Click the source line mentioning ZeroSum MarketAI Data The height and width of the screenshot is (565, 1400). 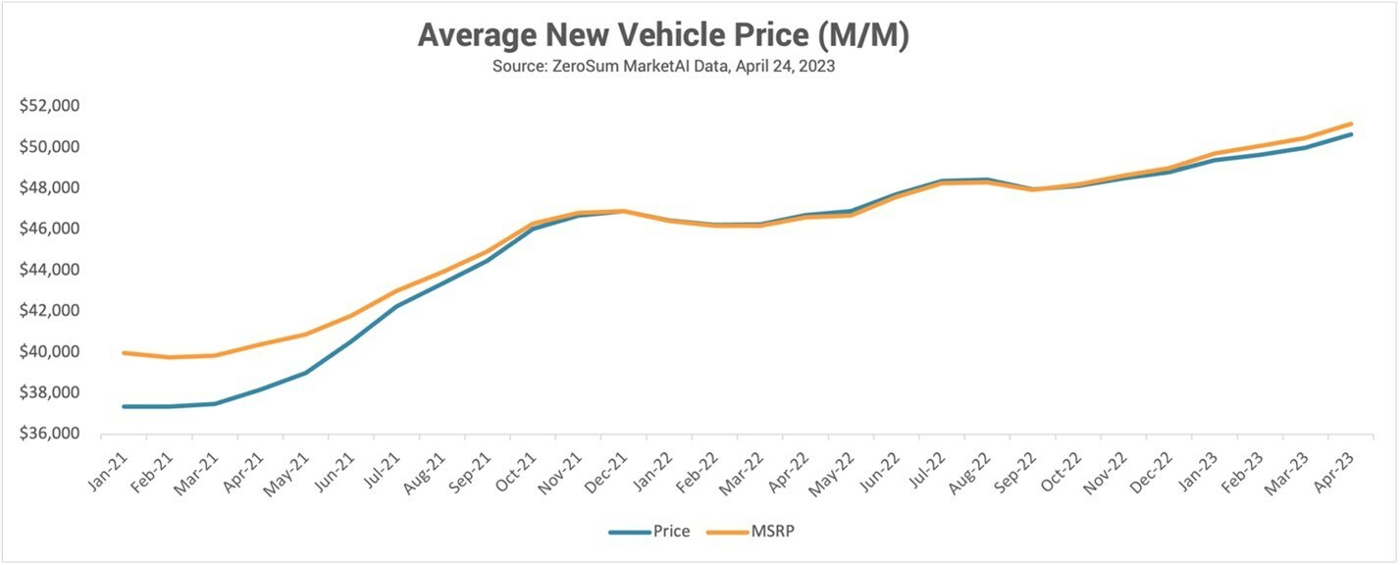(663, 70)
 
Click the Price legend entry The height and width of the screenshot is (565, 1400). (649, 532)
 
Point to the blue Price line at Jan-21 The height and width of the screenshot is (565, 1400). (123, 406)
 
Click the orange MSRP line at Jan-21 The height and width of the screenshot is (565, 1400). (123, 352)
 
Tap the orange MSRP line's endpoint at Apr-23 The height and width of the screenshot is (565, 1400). (1352, 124)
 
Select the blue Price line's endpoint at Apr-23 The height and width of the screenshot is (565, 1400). (1352, 133)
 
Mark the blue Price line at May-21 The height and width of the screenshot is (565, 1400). (304, 373)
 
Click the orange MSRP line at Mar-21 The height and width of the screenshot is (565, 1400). (214, 355)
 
